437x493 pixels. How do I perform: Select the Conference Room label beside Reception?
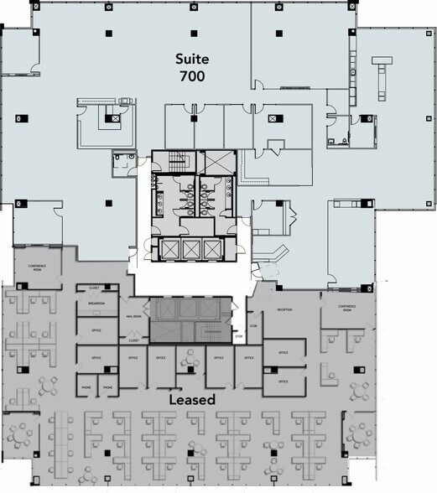(x=347, y=307)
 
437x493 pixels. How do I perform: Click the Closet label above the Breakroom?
(x=93, y=288)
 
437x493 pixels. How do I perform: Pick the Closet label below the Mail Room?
(x=134, y=340)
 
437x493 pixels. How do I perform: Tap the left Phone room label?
(x=86, y=388)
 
